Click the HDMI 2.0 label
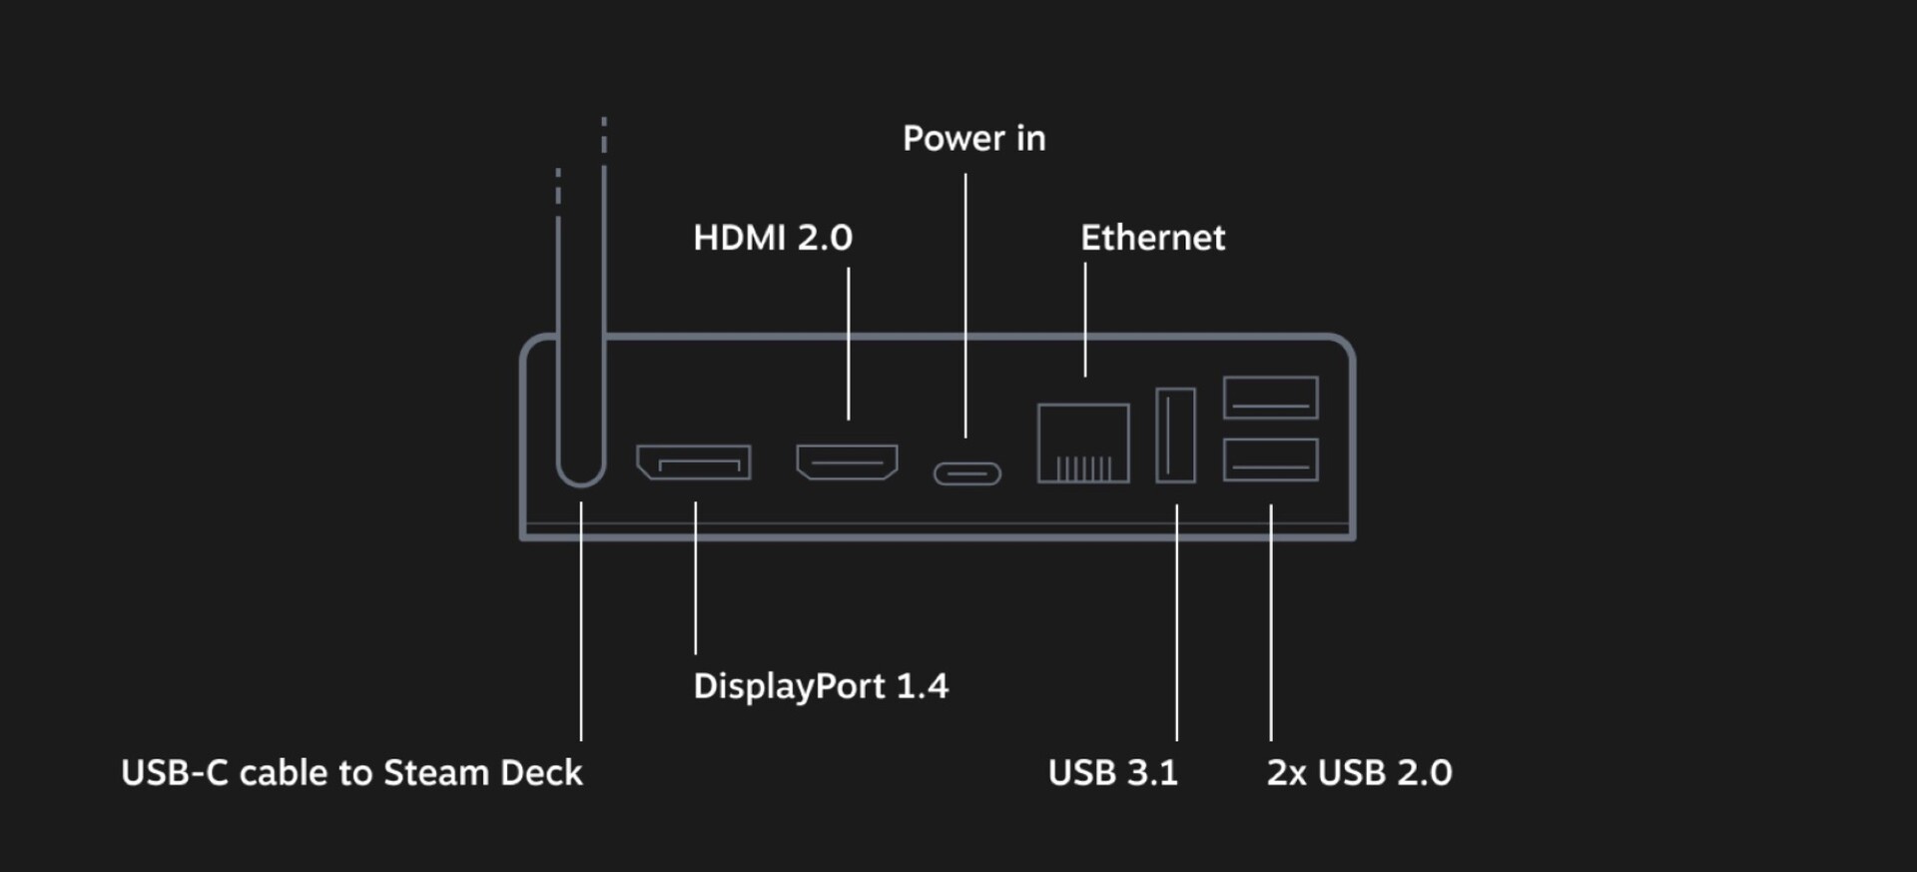click(772, 238)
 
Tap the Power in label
click(973, 139)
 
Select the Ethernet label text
click(1152, 238)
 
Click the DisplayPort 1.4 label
click(820, 686)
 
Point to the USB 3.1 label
click(1112, 773)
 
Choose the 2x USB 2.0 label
click(1359, 773)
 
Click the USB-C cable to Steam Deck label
click(351, 773)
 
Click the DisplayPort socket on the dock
click(694, 462)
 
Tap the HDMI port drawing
click(847, 461)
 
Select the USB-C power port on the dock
click(967, 472)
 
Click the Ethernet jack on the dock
click(1083, 443)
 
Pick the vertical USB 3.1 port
click(1175, 435)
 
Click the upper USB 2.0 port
click(1270, 398)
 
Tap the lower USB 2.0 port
click(1270, 459)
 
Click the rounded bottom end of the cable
click(581, 474)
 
